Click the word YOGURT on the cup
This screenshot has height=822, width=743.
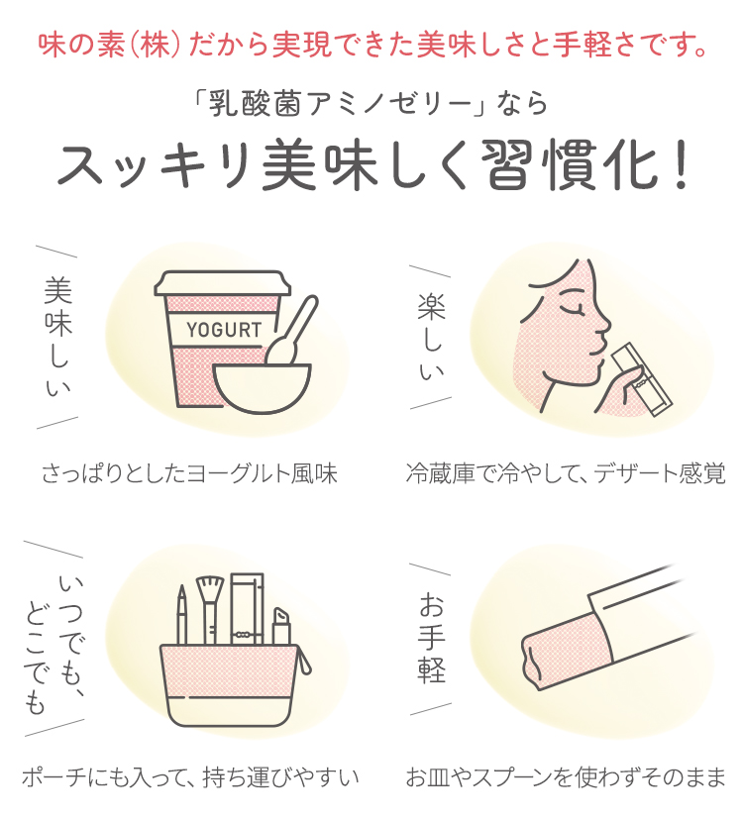coord(224,330)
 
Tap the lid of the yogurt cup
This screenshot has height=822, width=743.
coord(222,283)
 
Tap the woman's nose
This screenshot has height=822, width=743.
coord(604,324)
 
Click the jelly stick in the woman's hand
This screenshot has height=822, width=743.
coord(642,379)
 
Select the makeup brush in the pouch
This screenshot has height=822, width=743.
coord(210,610)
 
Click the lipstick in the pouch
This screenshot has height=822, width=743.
coord(281,626)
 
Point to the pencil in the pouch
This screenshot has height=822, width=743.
coord(181,615)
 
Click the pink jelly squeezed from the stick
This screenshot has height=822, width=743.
coord(567,652)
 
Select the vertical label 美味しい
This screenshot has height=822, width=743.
coord(57,337)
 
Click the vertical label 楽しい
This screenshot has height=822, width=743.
coord(431,337)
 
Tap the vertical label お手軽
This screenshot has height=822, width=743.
coord(432,638)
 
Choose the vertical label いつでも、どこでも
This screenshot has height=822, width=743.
coord(54,645)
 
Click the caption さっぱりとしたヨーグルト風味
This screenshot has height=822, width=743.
coord(189,473)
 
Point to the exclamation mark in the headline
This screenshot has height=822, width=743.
coord(682,164)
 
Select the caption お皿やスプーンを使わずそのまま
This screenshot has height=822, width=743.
coord(566,776)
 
